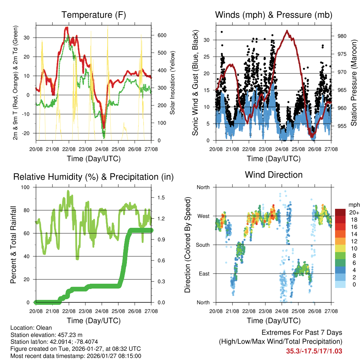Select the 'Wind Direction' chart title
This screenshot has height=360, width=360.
pos(274,174)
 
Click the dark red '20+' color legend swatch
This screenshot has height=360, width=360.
pos(341,212)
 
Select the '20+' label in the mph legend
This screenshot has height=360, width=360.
pos(354,212)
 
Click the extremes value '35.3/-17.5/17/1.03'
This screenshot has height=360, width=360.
pos(314,351)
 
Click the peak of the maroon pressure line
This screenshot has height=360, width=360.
pos(287,31)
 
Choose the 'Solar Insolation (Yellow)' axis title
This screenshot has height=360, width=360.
pos(172,83)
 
